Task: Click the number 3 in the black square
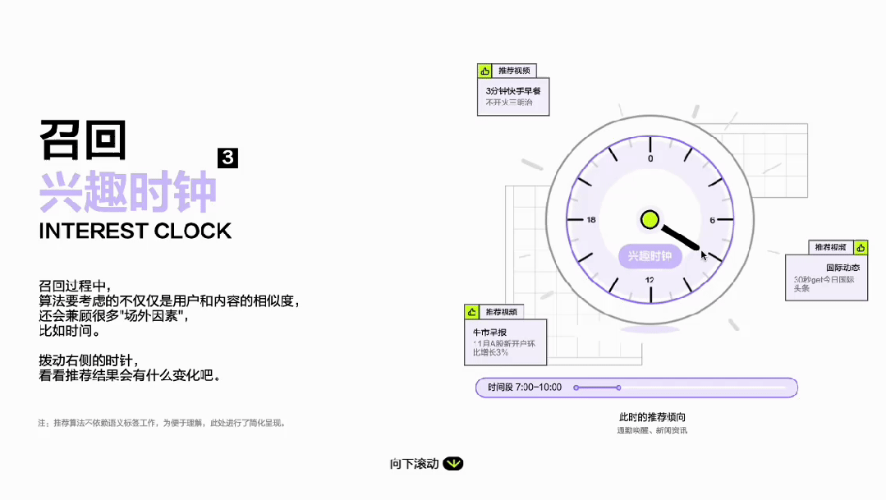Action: click(x=227, y=158)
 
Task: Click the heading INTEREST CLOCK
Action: click(x=135, y=231)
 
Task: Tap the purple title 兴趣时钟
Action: click(x=128, y=193)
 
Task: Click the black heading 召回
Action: click(x=83, y=140)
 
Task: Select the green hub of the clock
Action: click(x=650, y=219)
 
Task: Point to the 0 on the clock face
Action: click(x=650, y=158)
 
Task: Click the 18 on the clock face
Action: click(x=590, y=220)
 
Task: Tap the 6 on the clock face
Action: click(x=712, y=220)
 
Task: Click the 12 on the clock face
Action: click(x=650, y=280)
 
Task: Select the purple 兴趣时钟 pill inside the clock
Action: click(x=650, y=256)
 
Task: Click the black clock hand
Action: click(x=681, y=236)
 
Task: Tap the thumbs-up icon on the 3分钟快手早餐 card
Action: click(x=484, y=71)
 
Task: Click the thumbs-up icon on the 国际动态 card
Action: click(x=861, y=247)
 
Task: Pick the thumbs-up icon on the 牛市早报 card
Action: click(x=471, y=312)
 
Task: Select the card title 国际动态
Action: click(x=842, y=268)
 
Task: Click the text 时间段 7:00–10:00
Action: click(x=525, y=387)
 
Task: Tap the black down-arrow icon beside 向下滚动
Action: click(x=453, y=464)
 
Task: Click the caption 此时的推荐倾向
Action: click(x=652, y=417)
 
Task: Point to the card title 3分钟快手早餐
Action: click(x=507, y=91)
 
